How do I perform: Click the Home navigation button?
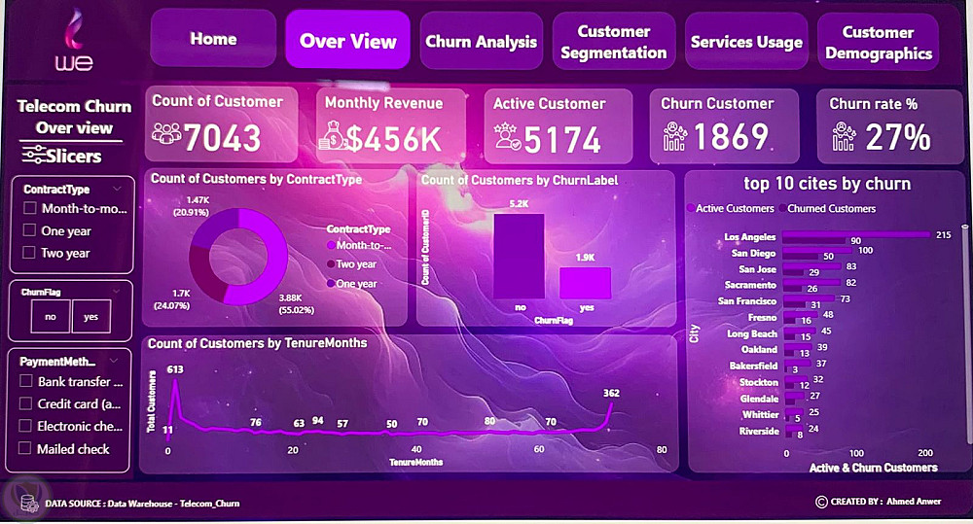pos(213,40)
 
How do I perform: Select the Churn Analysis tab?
pos(481,42)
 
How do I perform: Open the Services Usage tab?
pos(746,42)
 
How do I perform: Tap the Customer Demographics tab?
pos(879,43)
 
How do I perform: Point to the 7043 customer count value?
pos(222,139)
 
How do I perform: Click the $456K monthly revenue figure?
pos(394,139)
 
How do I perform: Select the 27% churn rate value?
pos(897,137)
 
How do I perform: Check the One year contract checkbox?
pos(30,231)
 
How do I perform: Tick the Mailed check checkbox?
pos(26,449)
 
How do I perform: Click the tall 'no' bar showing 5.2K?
pos(519,256)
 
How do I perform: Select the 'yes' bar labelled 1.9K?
pos(585,283)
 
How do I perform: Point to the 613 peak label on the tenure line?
pos(175,369)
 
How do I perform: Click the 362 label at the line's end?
pos(611,393)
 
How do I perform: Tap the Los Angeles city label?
pos(751,236)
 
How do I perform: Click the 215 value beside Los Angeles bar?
pos(942,235)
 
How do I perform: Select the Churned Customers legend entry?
pos(831,208)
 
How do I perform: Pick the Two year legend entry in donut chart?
pos(356,264)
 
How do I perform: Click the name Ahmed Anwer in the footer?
pos(915,502)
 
